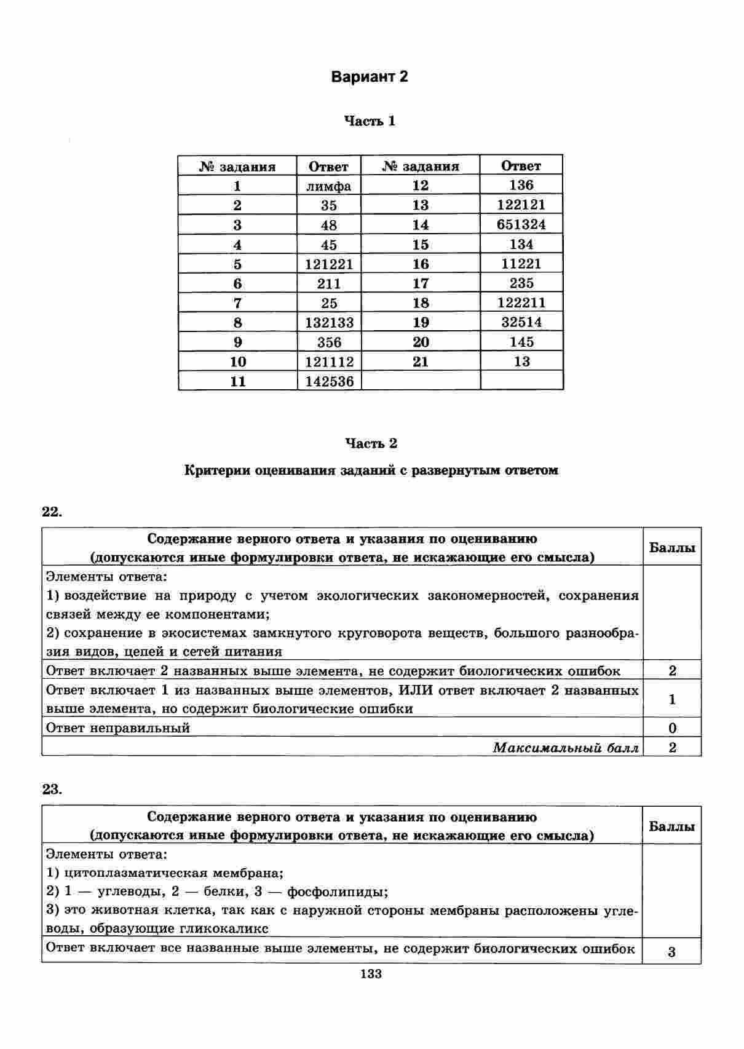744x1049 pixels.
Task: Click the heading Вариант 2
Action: tap(370, 77)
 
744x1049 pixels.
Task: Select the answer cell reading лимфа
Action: tap(329, 186)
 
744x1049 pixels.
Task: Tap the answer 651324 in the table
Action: tap(521, 224)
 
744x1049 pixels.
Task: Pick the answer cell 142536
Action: tap(330, 381)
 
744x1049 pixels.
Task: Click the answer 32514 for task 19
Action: tap(521, 322)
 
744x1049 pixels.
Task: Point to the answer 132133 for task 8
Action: tap(330, 322)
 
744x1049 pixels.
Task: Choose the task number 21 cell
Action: tap(421, 362)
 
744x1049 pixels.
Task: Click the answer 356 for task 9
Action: tap(329, 342)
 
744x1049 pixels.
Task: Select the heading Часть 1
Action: tap(370, 121)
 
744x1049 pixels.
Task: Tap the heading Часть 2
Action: tap(371, 443)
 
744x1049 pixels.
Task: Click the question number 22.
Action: tap(52, 512)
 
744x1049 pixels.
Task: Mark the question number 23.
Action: tap(52, 790)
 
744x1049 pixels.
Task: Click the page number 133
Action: tap(371, 973)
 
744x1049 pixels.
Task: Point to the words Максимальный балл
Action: tap(566, 748)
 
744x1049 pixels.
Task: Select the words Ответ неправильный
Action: tap(118, 728)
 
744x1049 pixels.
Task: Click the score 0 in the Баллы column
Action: tap(672, 728)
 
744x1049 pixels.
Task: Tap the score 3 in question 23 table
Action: tap(671, 952)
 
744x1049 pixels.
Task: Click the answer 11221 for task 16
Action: tap(521, 264)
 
